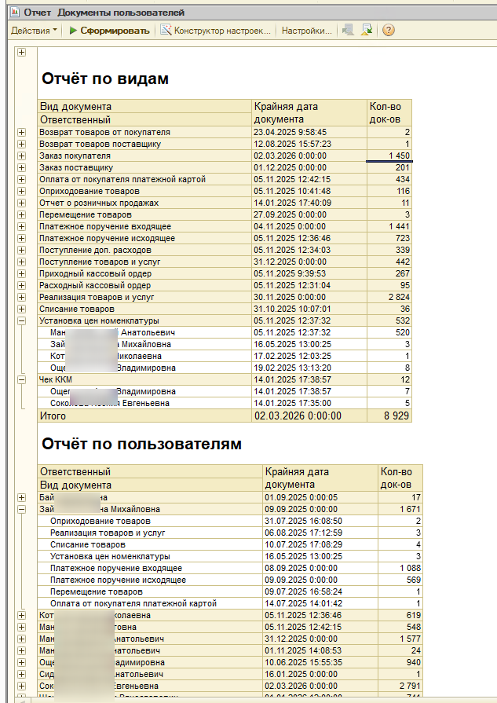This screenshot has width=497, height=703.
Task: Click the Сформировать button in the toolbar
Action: point(109,31)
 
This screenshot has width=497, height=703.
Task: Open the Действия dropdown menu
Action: point(34,31)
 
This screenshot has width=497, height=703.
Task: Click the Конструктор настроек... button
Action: point(216,31)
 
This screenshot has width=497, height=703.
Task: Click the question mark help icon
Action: point(388,31)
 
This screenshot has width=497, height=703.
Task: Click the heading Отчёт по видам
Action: point(105,79)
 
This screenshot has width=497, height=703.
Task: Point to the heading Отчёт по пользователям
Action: point(141,444)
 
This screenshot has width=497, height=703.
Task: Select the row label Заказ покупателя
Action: point(75,156)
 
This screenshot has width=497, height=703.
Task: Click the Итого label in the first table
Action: point(53,416)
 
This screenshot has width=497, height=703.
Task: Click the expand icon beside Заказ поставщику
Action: point(21,167)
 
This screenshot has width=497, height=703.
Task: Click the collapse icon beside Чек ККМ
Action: point(21,379)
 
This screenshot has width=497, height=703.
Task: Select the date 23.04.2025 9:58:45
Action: point(290,132)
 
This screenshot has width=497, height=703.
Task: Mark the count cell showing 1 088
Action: point(405,568)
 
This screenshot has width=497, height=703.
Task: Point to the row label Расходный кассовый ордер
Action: point(95,285)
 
